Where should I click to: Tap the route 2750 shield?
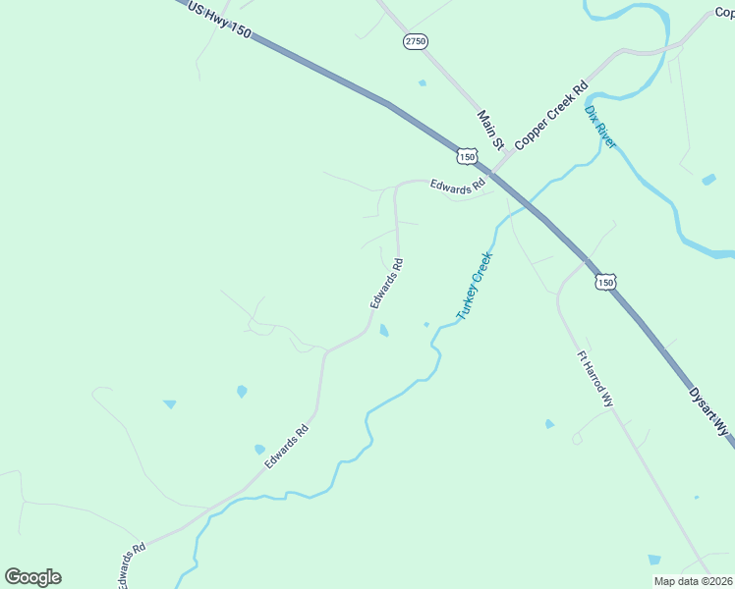point(416,41)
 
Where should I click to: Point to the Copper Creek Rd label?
point(551,114)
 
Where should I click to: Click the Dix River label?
point(600,127)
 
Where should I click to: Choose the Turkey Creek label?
point(474,287)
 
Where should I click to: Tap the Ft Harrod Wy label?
point(594,381)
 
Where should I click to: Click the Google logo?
point(33,577)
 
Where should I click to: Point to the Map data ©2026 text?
point(693,581)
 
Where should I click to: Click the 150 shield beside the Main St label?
point(468,156)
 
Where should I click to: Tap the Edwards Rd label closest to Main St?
point(458,184)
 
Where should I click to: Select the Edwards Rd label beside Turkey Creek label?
point(387,284)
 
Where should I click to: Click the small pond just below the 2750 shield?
point(423,83)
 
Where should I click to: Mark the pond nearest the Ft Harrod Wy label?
point(549,424)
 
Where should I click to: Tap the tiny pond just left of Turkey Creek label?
point(426,324)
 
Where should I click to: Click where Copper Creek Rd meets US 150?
point(492,172)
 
